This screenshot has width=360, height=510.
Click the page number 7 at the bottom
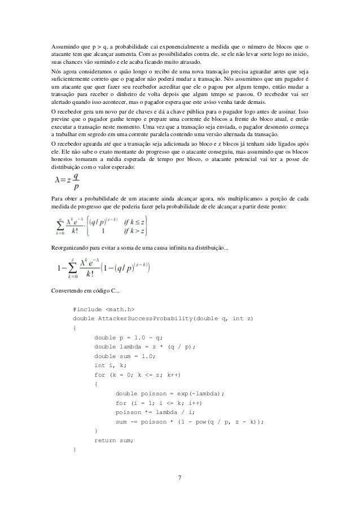pos(179,479)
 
